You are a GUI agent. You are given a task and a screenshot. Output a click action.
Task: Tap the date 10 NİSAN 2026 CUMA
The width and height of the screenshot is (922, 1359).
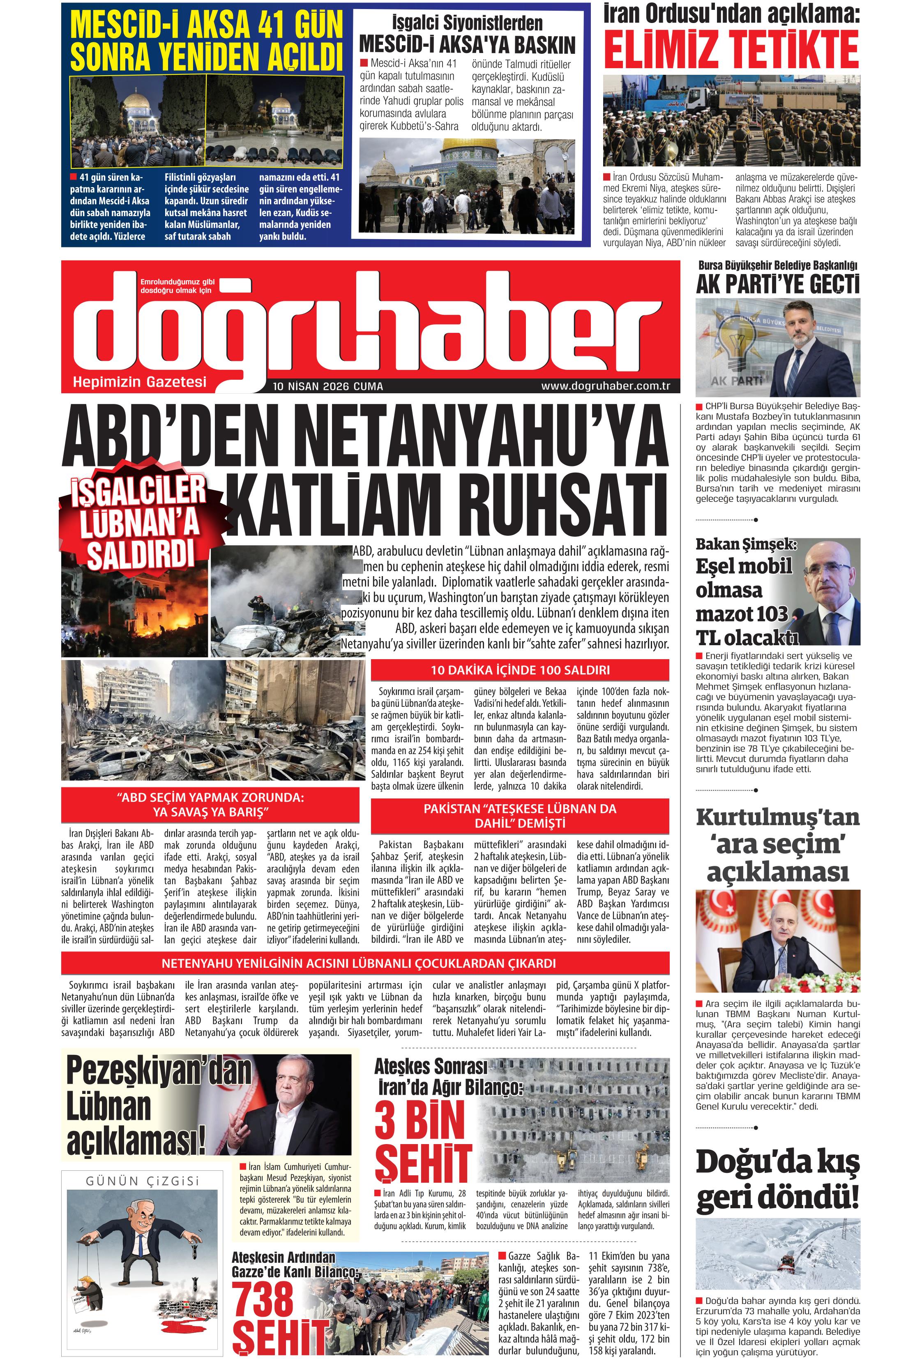(x=327, y=387)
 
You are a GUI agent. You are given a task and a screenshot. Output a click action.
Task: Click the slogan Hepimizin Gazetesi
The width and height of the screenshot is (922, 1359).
(x=139, y=382)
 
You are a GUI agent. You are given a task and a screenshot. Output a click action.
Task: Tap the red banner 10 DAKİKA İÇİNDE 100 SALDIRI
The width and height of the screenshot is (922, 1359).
(x=520, y=670)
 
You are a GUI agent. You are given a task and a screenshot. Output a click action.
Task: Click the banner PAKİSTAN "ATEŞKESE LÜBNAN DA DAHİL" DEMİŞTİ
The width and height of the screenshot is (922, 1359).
(x=520, y=816)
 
